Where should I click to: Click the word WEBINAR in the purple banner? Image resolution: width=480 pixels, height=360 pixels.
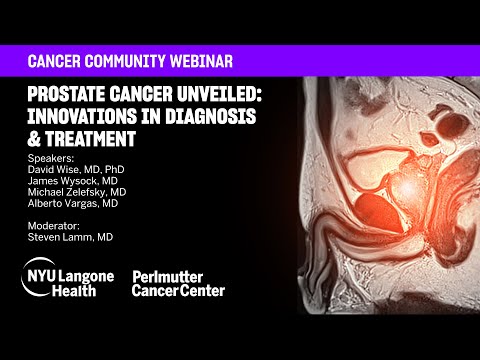198,62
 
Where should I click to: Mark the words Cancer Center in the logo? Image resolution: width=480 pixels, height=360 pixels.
179,291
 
